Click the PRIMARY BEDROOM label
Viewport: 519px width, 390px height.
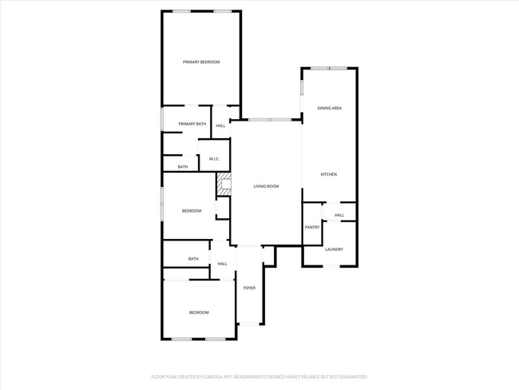pos(200,62)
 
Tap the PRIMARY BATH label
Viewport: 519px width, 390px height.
pos(192,124)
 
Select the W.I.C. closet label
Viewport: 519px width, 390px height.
pos(215,159)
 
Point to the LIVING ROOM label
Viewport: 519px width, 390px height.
pos(266,186)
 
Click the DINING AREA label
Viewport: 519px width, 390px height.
pos(330,107)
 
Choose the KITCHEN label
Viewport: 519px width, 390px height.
pos(329,174)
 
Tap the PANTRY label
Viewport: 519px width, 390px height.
pos(312,227)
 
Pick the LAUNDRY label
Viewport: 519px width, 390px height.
pos(334,249)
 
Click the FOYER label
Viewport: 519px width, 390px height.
pos(249,288)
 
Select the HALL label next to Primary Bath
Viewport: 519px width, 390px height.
pos(220,125)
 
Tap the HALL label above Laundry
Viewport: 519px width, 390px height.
pos(339,215)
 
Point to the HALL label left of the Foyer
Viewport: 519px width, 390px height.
pos(222,264)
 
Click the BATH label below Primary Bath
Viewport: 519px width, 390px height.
pos(183,166)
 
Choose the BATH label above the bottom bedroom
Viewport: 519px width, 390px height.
pos(193,259)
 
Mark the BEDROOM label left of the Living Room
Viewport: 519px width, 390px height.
pos(192,211)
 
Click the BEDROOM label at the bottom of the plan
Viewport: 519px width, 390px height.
pos(199,312)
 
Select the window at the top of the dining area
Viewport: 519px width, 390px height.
pos(323,68)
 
